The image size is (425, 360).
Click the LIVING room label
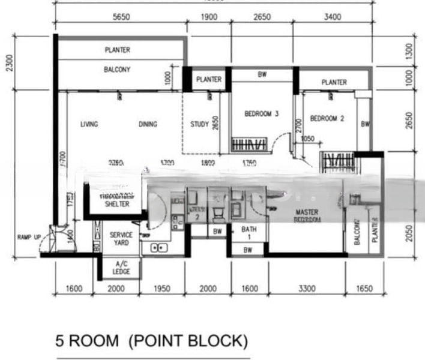pos(89,125)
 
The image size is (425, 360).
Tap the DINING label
pos(148,125)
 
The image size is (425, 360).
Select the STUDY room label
pos(199,125)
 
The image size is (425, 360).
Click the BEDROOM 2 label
pos(327,119)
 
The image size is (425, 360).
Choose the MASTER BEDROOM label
pos(307,216)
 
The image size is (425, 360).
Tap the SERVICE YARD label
pos(121,239)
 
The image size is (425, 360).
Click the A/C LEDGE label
pos(121,268)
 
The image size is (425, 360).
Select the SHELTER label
pos(117,204)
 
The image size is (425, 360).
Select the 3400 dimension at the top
pos(332,17)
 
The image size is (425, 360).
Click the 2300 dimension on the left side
pos(8,61)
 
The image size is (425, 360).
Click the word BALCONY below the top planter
pos(117,70)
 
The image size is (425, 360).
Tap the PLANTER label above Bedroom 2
pos(334,82)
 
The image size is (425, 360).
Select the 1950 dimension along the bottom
pos(162,289)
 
